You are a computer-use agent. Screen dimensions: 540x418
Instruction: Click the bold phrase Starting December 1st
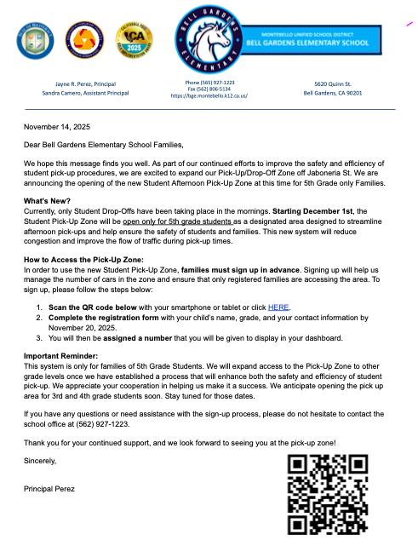tap(314, 210)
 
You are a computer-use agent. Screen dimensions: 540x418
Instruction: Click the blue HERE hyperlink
tap(278, 307)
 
